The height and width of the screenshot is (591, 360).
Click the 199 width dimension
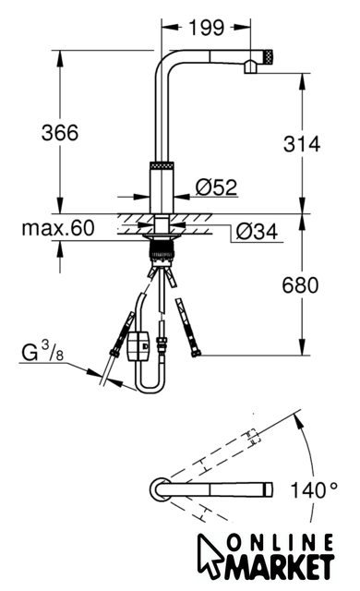pos(206,28)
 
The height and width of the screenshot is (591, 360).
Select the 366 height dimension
pos(60,133)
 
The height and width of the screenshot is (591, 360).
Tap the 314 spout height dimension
pos(302,144)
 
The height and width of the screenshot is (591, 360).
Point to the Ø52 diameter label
pos(217,187)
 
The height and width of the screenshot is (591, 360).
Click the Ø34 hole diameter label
pos(257,232)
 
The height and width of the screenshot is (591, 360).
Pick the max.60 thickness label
pos(58,228)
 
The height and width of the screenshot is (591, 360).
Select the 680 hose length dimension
pos(300,285)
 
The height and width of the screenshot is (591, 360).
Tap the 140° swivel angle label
pos(314,490)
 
